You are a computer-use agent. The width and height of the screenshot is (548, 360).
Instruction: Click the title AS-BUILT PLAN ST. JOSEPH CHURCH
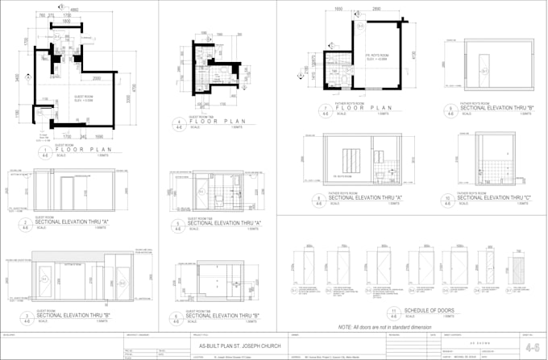(235, 344)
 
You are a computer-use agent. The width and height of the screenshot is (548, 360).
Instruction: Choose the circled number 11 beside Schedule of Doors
(392, 312)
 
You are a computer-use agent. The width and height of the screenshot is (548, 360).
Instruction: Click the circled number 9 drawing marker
(450, 109)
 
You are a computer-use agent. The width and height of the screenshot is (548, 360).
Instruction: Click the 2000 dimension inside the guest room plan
(96, 79)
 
